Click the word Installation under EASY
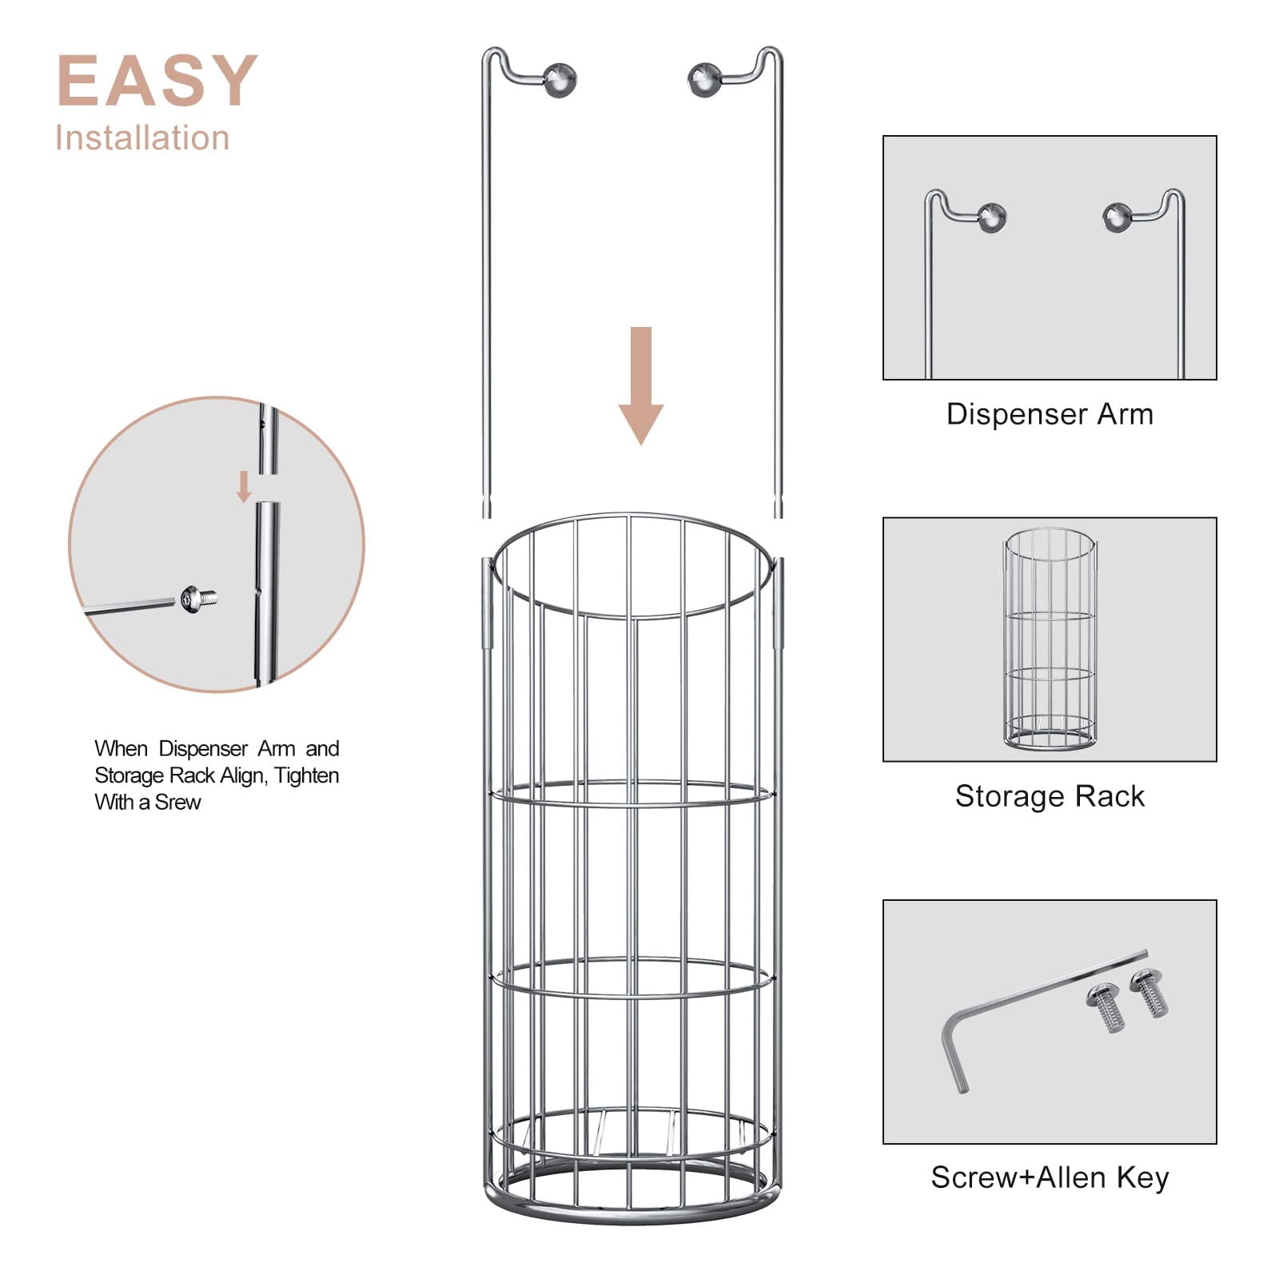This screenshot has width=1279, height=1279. pyautogui.click(x=142, y=138)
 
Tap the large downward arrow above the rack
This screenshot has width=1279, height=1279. pyautogui.click(x=641, y=385)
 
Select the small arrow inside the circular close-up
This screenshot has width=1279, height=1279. pyautogui.click(x=244, y=487)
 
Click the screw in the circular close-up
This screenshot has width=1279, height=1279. pyautogui.click(x=199, y=597)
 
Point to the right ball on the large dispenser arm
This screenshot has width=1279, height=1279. pyautogui.click(x=704, y=79)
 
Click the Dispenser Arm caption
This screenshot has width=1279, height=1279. pyautogui.click(x=1050, y=414)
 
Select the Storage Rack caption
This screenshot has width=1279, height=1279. pyautogui.click(x=1050, y=796)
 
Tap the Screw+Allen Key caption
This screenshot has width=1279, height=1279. pyautogui.click(x=1050, y=1177)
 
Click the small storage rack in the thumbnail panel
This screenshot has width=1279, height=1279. pyautogui.click(x=1050, y=639)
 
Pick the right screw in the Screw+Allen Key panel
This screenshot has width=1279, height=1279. pyautogui.click(x=1150, y=993)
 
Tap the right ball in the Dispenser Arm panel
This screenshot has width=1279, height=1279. pyautogui.click(x=1117, y=217)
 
